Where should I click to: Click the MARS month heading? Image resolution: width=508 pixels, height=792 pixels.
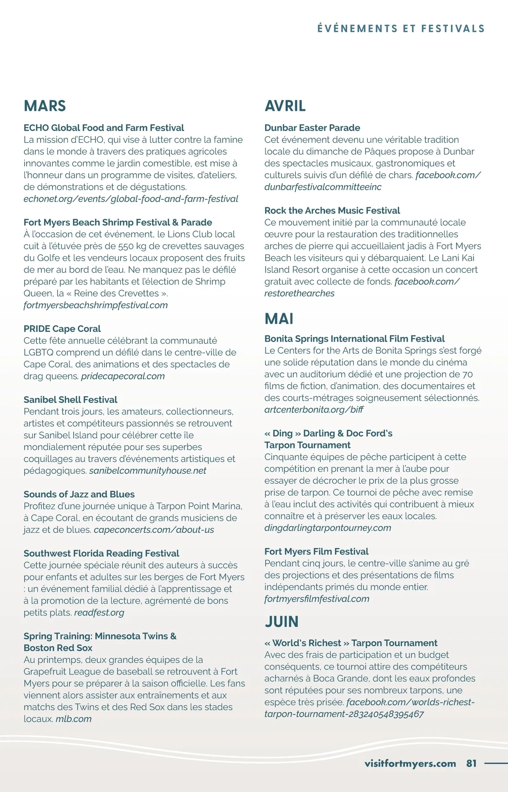(x=45, y=106)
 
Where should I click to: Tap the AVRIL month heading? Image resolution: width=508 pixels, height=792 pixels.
(x=285, y=106)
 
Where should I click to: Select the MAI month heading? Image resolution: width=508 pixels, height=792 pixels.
(x=279, y=319)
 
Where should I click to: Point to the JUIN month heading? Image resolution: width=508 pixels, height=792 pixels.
(x=282, y=622)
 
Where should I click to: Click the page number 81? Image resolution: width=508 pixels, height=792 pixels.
(x=471, y=763)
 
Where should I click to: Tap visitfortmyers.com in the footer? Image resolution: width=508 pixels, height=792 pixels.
(x=410, y=763)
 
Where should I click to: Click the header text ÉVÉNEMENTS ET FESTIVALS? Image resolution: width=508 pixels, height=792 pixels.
(x=400, y=29)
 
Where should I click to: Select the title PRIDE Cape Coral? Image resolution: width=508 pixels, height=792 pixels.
(x=62, y=329)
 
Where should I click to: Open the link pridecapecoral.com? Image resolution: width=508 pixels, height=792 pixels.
(x=123, y=376)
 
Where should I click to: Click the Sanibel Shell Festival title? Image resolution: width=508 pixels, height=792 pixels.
(x=70, y=399)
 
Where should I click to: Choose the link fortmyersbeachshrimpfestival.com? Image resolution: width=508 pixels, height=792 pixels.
(x=96, y=305)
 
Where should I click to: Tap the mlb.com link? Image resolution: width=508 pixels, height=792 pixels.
(x=74, y=719)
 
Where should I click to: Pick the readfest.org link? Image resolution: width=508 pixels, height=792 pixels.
(x=99, y=612)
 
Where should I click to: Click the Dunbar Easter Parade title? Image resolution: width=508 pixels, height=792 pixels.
(x=312, y=127)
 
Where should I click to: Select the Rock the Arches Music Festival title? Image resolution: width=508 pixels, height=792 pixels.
(x=332, y=210)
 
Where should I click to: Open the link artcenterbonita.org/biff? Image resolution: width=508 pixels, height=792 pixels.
(x=314, y=410)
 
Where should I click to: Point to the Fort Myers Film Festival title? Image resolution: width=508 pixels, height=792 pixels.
(x=316, y=551)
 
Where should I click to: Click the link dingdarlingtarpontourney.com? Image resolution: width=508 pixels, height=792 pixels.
(x=327, y=528)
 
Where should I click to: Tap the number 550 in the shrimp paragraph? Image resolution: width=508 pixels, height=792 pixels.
(x=126, y=246)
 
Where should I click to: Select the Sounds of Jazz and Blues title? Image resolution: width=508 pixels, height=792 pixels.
(x=79, y=494)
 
